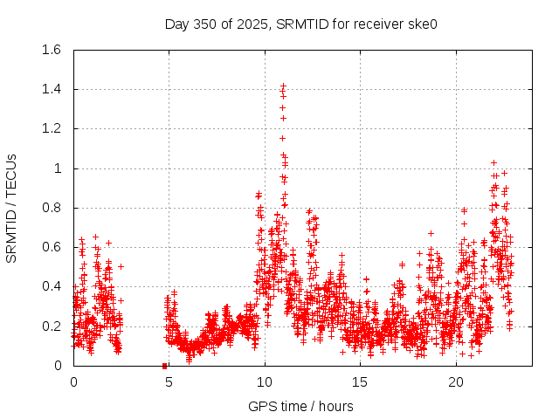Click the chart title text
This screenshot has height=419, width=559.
tap(300, 24)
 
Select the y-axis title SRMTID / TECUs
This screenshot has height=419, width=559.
tap(11, 208)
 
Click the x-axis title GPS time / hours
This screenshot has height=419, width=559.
tap(300, 406)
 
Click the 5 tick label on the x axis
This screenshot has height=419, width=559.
tap(169, 382)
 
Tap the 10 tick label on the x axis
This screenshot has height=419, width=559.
tap(265, 382)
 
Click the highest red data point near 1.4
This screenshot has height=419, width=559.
tap(283, 86)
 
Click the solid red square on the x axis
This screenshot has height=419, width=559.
tap(164, 366)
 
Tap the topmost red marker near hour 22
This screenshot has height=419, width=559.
tap(493, 162)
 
